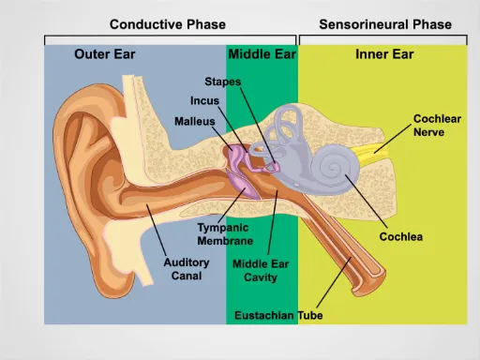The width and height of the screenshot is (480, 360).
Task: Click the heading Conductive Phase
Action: point(170,23)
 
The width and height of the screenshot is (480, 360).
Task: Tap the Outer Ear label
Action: point(104,54)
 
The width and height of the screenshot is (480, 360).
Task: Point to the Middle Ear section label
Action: point(262,54)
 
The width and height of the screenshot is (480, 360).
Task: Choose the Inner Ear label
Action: point(384,54)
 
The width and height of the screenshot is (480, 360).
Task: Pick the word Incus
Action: point(206,101)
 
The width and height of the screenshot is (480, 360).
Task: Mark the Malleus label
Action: point(195,122)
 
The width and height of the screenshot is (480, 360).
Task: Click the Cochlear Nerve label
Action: point(437,126)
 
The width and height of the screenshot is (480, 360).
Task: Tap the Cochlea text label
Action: point(400,237)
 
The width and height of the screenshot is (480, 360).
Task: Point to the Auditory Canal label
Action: point(186,269)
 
